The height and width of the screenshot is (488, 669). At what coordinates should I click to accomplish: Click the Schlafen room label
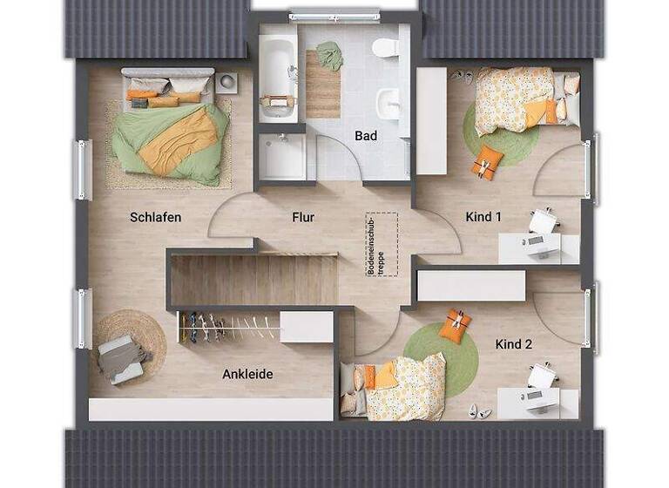click(x=156, y=217)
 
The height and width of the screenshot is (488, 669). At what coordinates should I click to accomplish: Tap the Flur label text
click(x=303, y=217)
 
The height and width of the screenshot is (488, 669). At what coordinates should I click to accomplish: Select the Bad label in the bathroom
click(x=366, y=136)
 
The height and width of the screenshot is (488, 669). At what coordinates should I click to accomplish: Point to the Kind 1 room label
click(x=483, y=217)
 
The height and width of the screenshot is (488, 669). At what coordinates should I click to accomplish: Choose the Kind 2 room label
click(x=514, y=344)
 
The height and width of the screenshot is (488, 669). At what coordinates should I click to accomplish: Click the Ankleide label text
click(x=247, y=374)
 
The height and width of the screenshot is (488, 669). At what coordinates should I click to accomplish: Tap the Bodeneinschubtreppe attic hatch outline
click(x=382, y=245)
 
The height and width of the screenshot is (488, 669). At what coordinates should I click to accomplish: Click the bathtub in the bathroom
click(x=278, y=77)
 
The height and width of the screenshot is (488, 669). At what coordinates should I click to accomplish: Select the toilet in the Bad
click(x=384, y=48)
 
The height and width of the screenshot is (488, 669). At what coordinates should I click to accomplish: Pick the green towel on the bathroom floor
click(x=329, y=55)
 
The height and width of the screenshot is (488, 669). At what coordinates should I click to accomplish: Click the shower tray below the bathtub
click(x=283, y=156)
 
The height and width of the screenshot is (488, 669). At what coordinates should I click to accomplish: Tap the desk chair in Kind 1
click(x=543, y=223)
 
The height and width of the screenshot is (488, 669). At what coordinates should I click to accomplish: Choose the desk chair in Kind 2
click(x=542, y=378)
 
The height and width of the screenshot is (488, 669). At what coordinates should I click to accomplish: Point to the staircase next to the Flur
click(x=253, y=279)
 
